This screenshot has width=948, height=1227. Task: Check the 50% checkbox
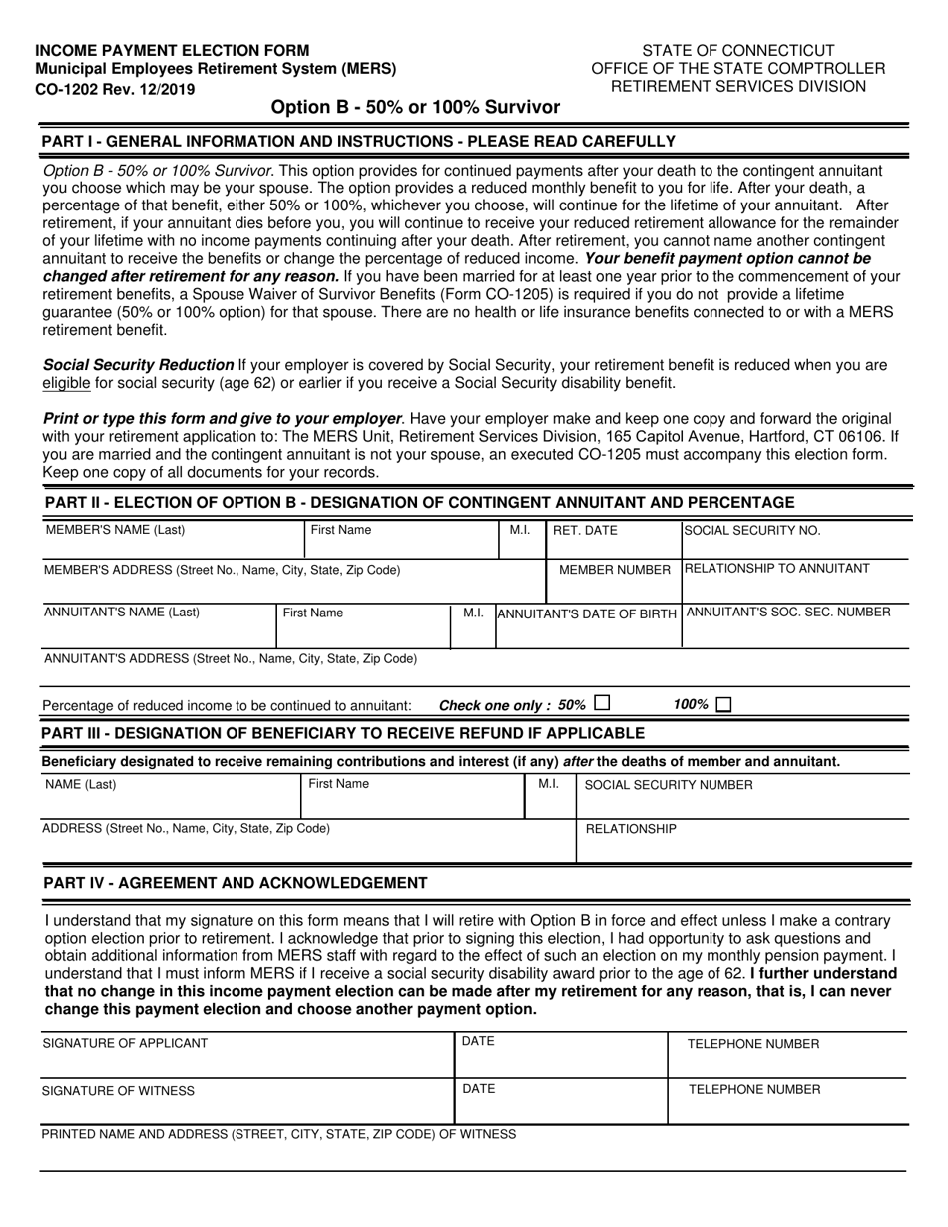click(x=601, y=703)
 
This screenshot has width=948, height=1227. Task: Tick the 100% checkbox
click(x=723, y=704)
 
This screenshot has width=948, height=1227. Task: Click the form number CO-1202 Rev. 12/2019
click(x=116, y=88)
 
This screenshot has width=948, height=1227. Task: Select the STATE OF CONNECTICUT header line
click(x=737, y=50)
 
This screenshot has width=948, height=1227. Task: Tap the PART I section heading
click(x=358, y=141)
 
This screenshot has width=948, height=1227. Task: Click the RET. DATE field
click(x=613, y=540)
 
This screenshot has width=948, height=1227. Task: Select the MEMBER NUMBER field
click(x=613, y=578)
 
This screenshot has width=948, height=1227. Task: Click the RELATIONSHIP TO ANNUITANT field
click(x=794, y=578)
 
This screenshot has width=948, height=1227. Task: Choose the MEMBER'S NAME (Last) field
click(x=172, y=540)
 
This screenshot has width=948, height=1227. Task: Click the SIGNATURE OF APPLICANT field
click(x=245, y=1055)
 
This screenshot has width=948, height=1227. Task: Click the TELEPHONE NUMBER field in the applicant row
click(x=786, y=1055)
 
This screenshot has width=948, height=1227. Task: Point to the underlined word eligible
click(x=66, y=383)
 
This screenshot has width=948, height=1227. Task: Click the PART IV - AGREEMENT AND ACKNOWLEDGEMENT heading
click(x=236, y=883)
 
